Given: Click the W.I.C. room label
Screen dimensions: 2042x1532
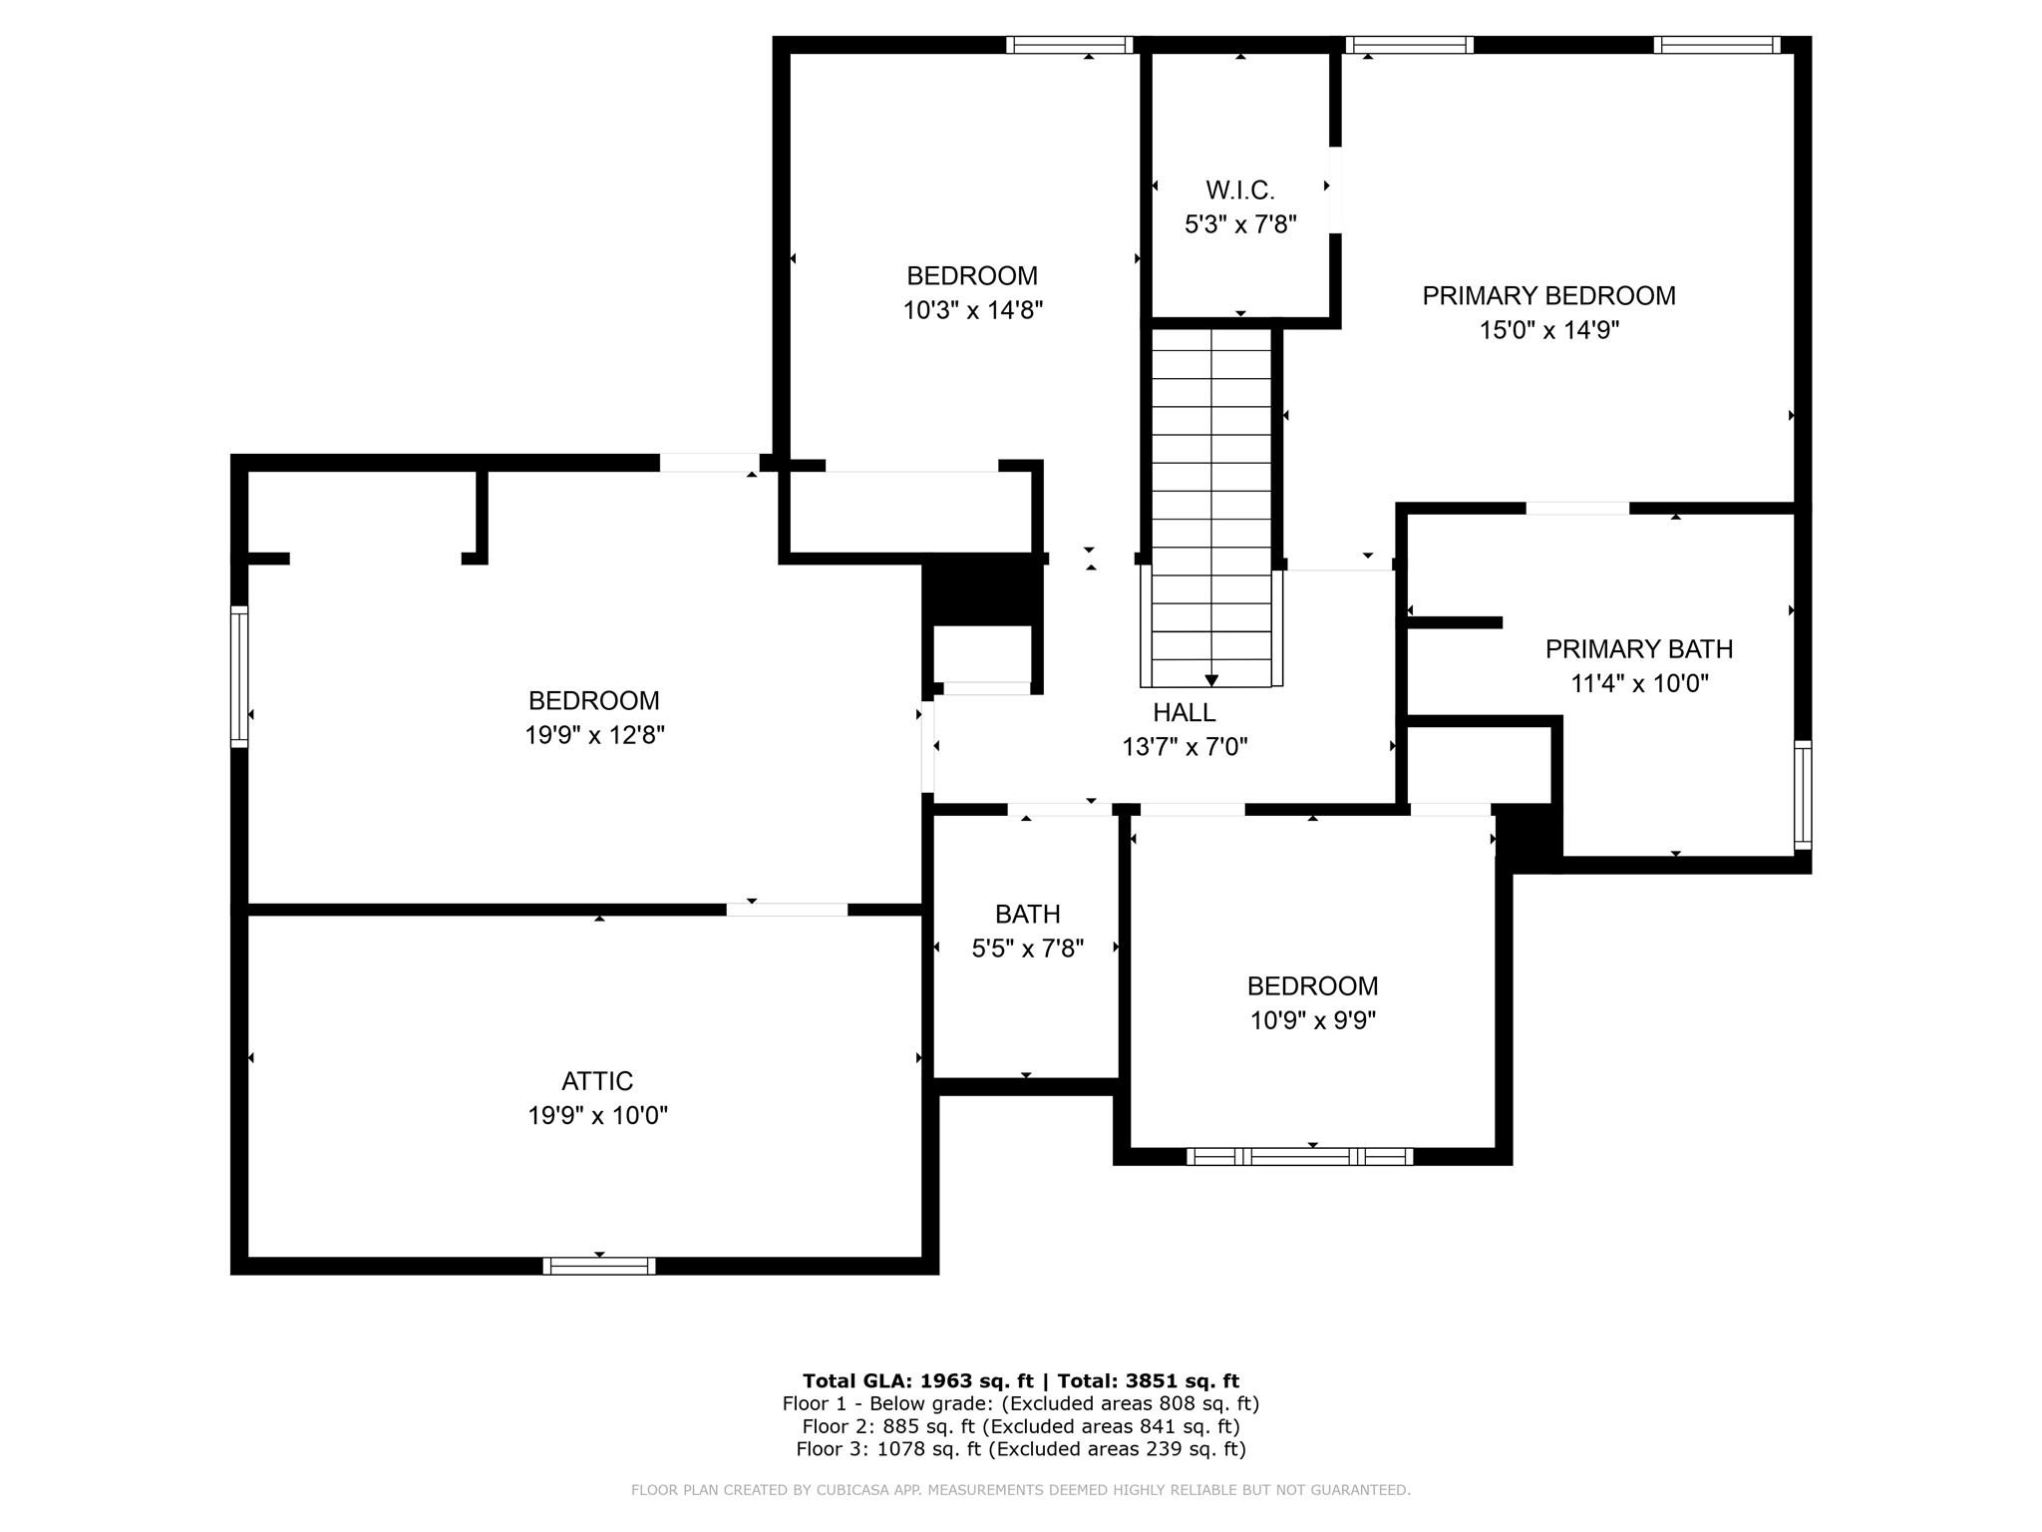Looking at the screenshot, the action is [1240, 190].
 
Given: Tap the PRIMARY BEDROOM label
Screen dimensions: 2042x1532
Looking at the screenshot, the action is [1548, 295].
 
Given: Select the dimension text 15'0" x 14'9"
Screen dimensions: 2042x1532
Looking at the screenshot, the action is [1548, 330].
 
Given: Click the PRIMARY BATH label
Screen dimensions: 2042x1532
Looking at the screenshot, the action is [1639, 649].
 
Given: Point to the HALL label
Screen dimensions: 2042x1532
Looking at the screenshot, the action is [1185, 712].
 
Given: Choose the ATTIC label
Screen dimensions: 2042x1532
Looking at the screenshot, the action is [597, 1081].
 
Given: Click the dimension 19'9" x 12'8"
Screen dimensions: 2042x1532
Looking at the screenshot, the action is [595, 735].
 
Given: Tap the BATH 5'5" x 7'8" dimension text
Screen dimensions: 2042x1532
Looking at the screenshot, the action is [1028, 948].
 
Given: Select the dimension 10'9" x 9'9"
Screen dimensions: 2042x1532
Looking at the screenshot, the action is [1313, 1020].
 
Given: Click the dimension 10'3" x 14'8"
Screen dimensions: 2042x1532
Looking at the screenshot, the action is [972, 310].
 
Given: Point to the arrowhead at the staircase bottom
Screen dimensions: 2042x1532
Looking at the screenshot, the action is [1211, 680].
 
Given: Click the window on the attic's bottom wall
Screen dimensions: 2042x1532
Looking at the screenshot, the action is [599, 1266].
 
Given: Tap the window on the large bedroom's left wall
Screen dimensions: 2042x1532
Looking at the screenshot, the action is [239, 675].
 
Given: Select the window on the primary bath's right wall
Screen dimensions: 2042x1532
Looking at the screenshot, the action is [1803, 795].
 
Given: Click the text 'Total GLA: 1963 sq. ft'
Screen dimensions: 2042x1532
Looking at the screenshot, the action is [918, 1380].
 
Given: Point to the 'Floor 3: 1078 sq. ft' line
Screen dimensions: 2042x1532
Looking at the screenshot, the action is [1021, 1449].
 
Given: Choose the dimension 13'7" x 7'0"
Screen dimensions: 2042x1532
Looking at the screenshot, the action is [1185, 747].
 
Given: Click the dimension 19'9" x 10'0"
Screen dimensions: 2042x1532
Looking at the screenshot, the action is [597, 1115].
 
